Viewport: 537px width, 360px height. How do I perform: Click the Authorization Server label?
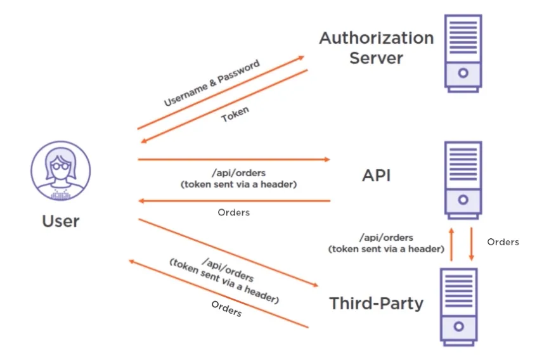coord(376,48)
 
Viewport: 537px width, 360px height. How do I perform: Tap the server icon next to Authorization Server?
coord(463,53)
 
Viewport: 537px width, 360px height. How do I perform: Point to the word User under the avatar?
coord(61,221)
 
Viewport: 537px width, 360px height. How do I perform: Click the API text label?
coord(376,175)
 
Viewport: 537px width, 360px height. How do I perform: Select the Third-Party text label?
coord(376,303)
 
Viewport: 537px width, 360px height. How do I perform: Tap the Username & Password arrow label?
coord(211,83)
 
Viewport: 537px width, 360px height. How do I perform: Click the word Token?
coord(235,114)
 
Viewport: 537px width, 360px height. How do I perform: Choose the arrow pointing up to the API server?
coord(451,244)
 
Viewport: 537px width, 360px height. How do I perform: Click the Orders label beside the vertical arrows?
coord(503,241)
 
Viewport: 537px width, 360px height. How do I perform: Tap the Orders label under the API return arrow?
coord(233,212)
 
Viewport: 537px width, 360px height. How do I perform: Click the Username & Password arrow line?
coord(222,93)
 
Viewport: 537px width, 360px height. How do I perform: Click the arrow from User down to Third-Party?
coord(228,253)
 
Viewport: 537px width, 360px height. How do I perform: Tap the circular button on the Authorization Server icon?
coord(463,72)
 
